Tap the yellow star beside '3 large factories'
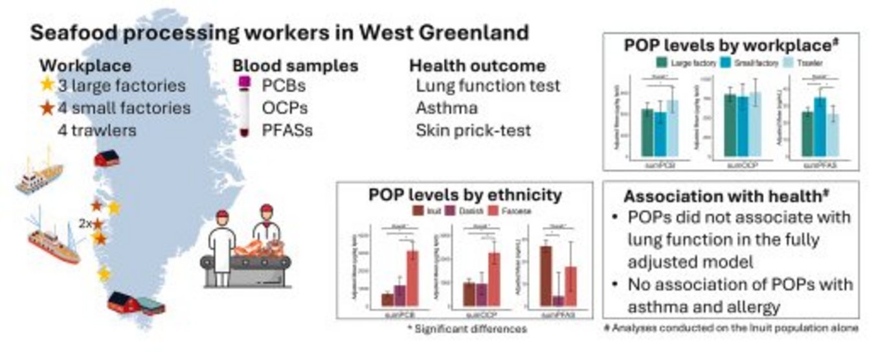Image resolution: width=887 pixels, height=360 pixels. click(x=46, y=85)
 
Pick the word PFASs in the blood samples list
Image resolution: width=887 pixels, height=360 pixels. click(x=287, y=130)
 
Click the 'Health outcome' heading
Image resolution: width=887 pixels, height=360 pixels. click(x=477, y=65)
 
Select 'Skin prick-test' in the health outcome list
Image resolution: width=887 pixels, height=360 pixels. click(x=473, y=130)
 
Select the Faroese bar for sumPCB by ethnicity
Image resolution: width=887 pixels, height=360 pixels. click(x=411, y=278)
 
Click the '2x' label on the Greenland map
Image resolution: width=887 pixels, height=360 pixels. click(x=85, y=224)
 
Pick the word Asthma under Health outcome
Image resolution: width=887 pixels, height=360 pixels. click(x=447, y=107)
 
